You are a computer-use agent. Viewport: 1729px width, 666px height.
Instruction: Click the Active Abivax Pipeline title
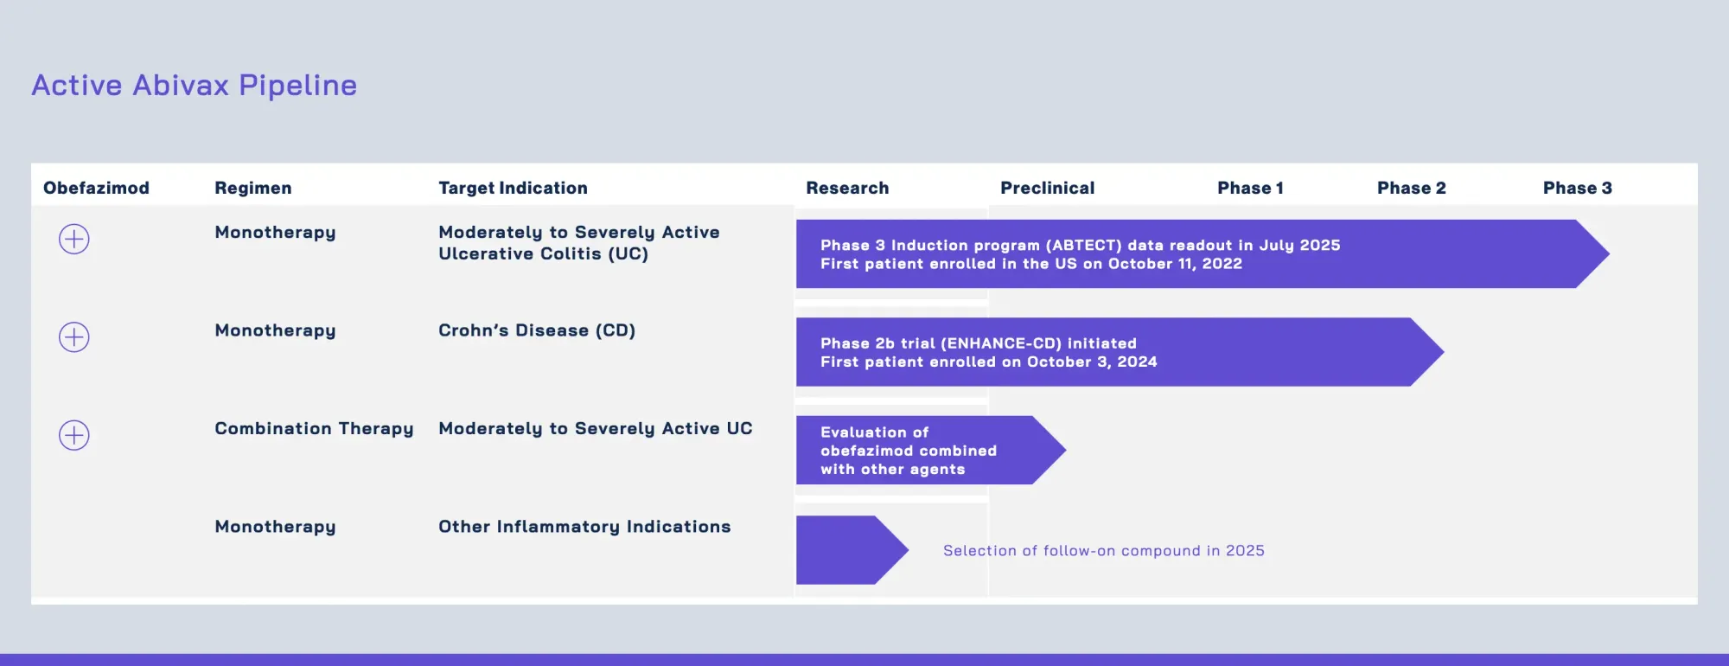pos(195,86)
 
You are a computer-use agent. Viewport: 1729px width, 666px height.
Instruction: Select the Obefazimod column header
pos(96,188)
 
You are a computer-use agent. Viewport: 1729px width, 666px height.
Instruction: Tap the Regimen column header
pos(252,188)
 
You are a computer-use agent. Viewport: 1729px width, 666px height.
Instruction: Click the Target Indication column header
pos(513,188)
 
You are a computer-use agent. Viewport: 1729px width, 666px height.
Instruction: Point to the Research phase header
pos(847,188)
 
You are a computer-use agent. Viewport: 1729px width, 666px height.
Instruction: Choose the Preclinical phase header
pos(1047,188)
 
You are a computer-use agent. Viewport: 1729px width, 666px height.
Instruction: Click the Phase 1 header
pos(1250,188)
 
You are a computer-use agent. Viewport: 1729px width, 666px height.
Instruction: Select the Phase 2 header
pos(1411,188)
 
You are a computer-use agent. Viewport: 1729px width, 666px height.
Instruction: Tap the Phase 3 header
pos(1577,188)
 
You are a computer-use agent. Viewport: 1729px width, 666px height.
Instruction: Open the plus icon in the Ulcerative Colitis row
pos(74,239)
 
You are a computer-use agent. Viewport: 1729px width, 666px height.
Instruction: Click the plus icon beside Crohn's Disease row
pos(74,337)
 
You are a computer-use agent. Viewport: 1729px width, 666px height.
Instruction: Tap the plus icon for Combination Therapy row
pos(74,435)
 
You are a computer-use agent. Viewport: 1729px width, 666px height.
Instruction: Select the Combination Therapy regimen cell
pos(314,429)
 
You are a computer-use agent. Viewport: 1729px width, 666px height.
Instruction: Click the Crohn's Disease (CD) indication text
pos(536,330)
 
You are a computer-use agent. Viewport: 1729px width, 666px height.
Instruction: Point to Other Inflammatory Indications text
pos(584,527)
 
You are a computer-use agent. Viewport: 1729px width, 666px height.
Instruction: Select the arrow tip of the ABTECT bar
pos(1592,253)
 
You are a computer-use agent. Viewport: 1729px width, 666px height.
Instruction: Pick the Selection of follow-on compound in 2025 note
pos(1103,551)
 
